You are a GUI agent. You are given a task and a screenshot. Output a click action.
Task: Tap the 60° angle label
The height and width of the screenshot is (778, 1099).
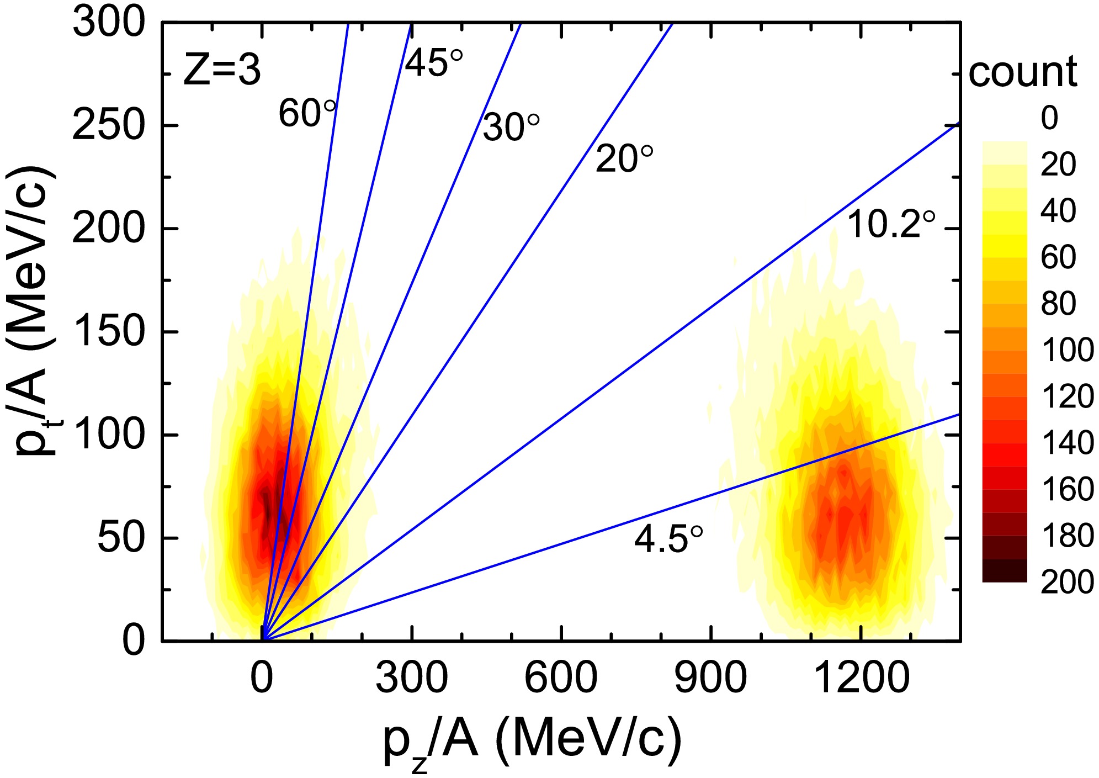click(x=307, y=113)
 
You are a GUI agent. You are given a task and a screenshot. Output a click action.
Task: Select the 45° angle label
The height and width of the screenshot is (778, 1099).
click(x=434, y=63)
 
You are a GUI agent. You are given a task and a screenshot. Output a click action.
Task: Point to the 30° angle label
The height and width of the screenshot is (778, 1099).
click(x=511, y=128)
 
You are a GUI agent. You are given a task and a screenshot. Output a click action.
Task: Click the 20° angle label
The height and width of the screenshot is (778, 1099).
click(x=624, y=159)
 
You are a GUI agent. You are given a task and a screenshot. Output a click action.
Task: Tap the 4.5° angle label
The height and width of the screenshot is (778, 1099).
click(x=668, y=539)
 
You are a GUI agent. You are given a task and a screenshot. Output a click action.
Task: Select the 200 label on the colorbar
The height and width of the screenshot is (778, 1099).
click(x=1067, y=582)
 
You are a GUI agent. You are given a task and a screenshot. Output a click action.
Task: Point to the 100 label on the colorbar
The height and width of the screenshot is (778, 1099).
click(x=1067, y=350)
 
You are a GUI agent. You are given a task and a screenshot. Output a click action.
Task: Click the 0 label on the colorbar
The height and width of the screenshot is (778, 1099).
click(x=1049, y=118)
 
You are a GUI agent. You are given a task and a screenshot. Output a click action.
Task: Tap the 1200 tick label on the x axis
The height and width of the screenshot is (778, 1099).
click(x=862, y=678)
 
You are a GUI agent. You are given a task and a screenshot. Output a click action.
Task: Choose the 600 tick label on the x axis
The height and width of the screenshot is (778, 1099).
click(x=561, y=678)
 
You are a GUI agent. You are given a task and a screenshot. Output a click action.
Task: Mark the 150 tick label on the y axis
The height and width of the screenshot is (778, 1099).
click(x=109, y=332)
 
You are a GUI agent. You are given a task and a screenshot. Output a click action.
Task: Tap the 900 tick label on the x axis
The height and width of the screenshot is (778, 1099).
click(x=710, y=678)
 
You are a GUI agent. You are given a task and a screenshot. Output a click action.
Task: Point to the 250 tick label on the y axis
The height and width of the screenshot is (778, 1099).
click(x=109, y=126)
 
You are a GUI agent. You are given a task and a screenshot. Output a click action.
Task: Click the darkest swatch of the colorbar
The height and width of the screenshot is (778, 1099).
click(x=1004, y=570)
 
